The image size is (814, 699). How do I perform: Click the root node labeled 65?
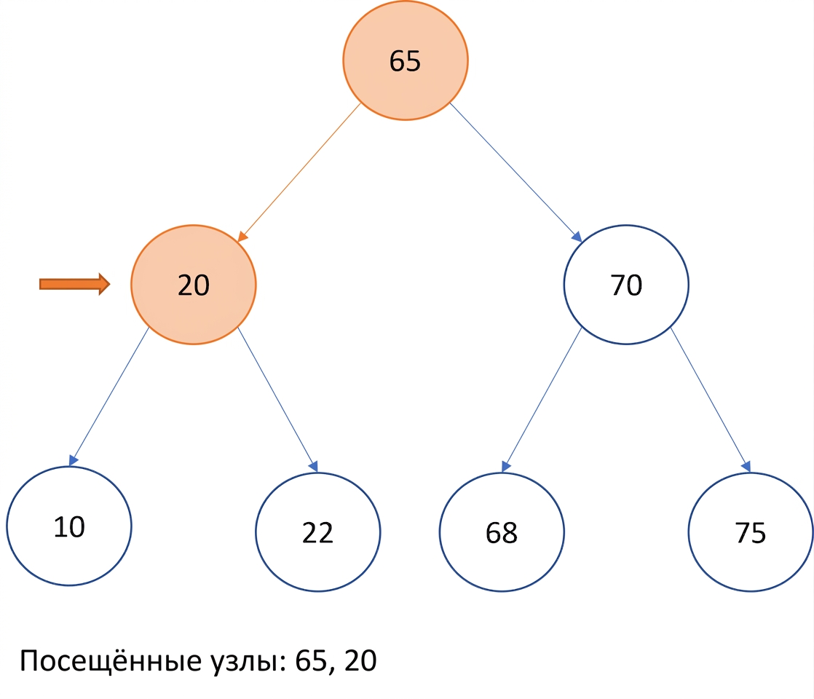point(405,60)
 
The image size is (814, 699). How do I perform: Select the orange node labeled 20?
point(193,285)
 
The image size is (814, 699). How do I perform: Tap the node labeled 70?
point(626,285)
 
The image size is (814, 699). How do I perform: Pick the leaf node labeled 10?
point(69,526)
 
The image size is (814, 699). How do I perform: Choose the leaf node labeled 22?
point(317,532)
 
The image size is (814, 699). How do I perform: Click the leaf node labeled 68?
point(502,532)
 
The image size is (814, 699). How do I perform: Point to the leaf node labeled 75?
point(751,532)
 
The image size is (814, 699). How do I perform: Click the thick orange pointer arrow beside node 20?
point(75,284)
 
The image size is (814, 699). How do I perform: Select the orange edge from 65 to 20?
point(299,173)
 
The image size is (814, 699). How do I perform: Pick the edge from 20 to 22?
point(277,399)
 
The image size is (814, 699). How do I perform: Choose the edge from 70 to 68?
point(542,399)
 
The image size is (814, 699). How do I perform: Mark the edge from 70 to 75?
point(711,399)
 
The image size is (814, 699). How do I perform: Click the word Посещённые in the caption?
point(111,661)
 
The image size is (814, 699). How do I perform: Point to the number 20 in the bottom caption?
point(360,660)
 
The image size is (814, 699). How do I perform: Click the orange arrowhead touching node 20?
point(242,237)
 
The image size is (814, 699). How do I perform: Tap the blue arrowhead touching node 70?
point(577,237)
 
